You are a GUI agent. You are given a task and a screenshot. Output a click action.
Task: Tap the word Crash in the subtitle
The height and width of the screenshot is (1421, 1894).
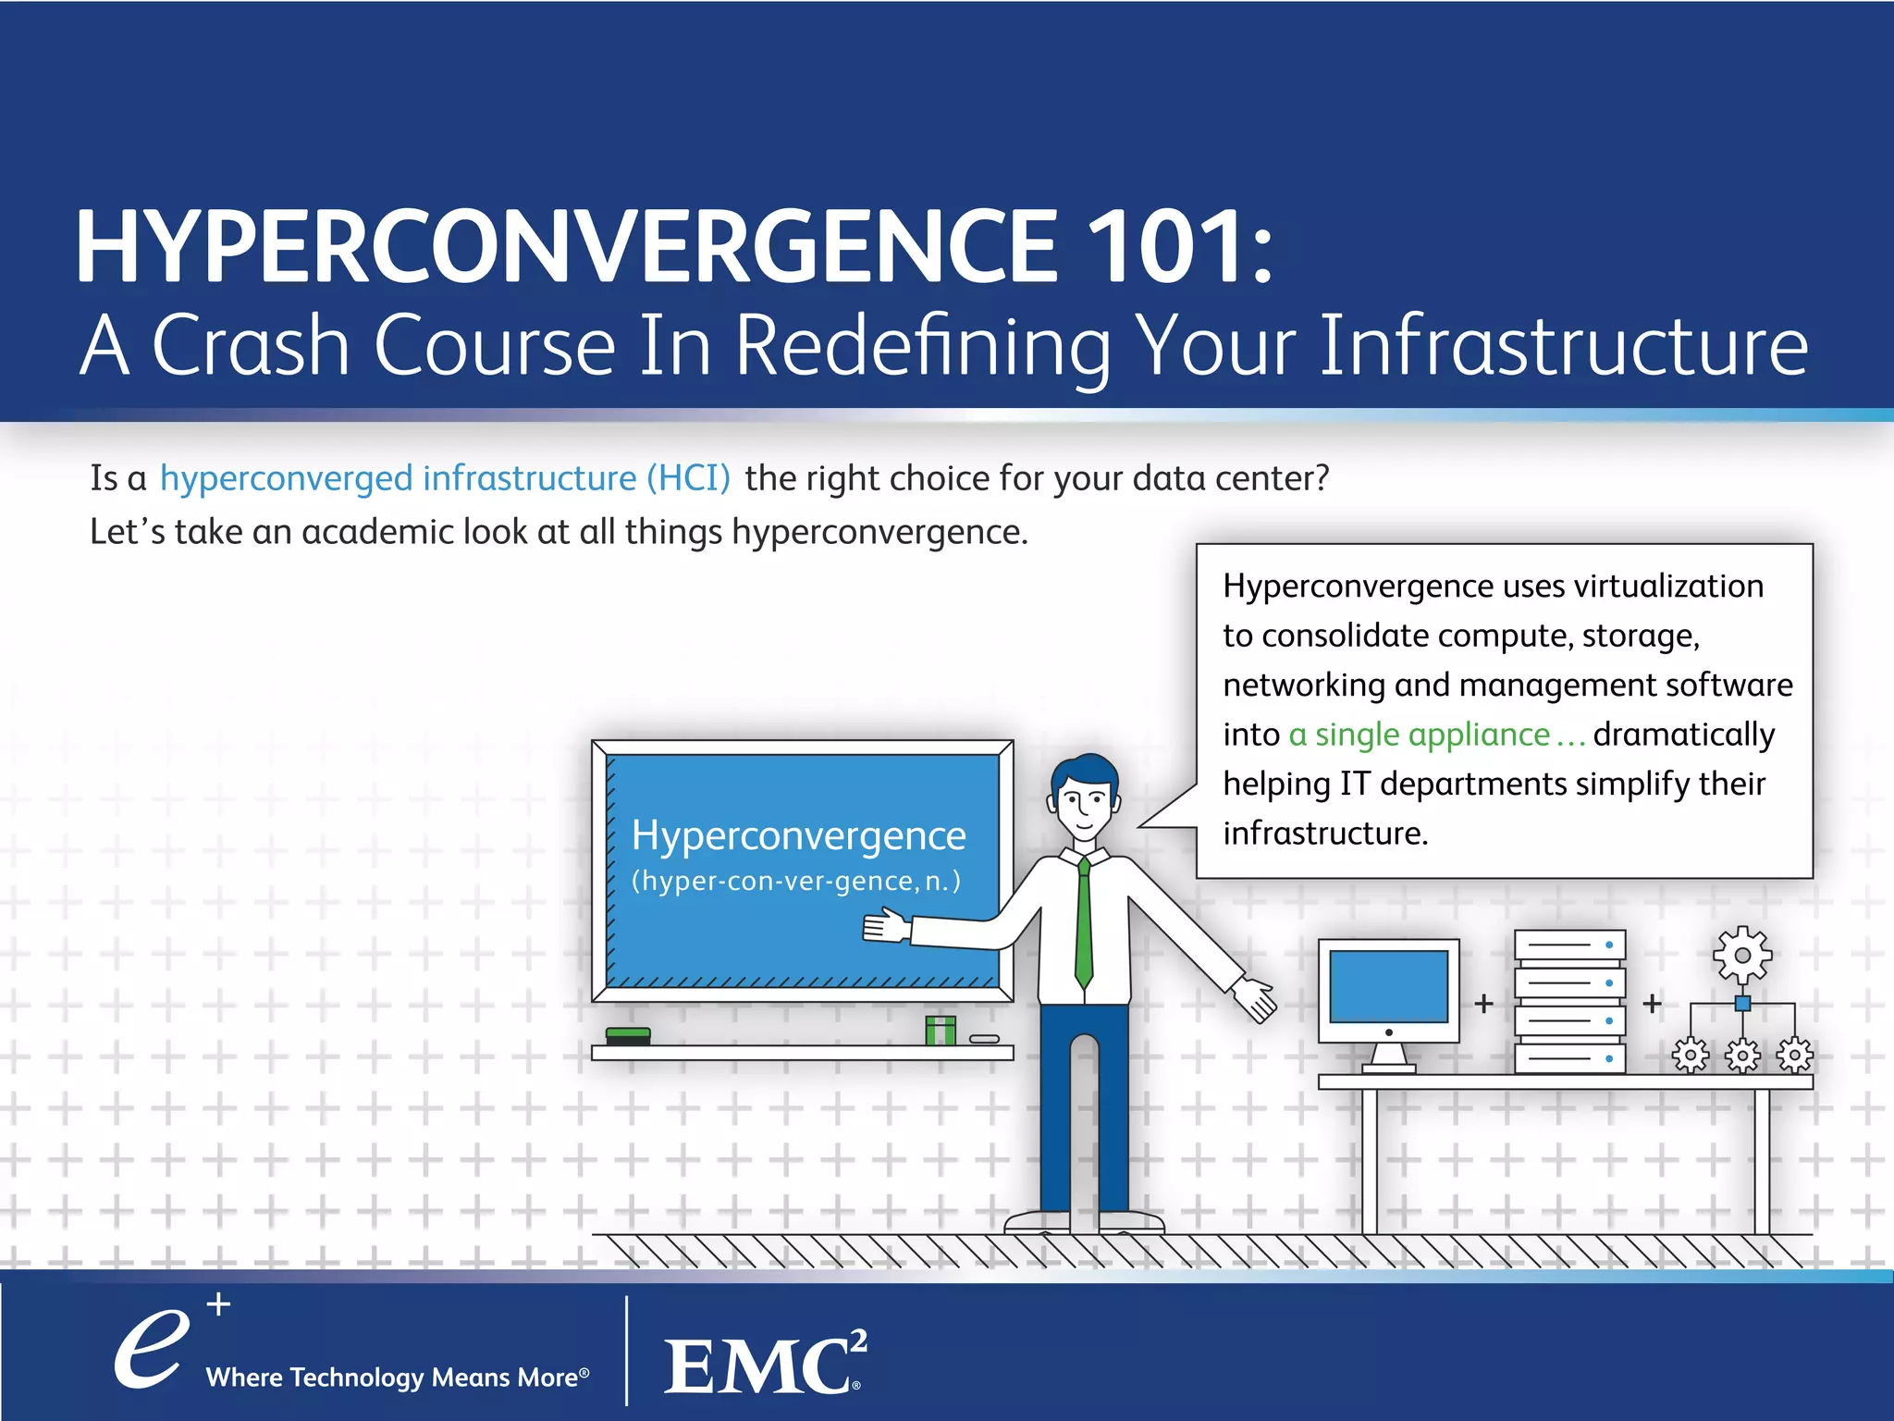coord(251,345)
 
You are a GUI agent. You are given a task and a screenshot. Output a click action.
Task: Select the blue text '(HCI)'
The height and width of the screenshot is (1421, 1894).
coord(688,478)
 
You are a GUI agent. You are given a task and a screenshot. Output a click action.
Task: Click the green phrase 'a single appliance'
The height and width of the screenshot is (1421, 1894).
coord(1419,735)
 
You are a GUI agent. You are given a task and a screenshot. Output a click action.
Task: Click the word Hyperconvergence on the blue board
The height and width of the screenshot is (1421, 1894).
coord(798,835)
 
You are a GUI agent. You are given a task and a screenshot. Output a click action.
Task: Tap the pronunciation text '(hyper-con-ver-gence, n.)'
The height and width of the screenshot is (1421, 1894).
coord(795,881)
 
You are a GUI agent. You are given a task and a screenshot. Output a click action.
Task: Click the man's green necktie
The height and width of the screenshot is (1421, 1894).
coord(1084,925)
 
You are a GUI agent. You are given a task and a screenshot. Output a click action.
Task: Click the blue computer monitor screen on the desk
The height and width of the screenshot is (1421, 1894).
coord(1388,986)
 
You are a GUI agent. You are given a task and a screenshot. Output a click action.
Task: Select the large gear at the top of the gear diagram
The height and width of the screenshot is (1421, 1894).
coord(1742,955)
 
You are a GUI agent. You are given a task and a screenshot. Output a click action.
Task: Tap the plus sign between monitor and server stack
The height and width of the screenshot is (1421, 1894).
coord(1484,1004)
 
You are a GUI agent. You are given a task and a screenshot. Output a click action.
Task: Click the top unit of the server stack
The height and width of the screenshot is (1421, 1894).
coord(1569,945)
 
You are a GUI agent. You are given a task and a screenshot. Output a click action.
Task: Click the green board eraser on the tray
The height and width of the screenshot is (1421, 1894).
coord(628,1035)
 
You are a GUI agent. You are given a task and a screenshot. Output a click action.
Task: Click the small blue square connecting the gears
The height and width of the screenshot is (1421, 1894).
coord(1742,1004)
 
